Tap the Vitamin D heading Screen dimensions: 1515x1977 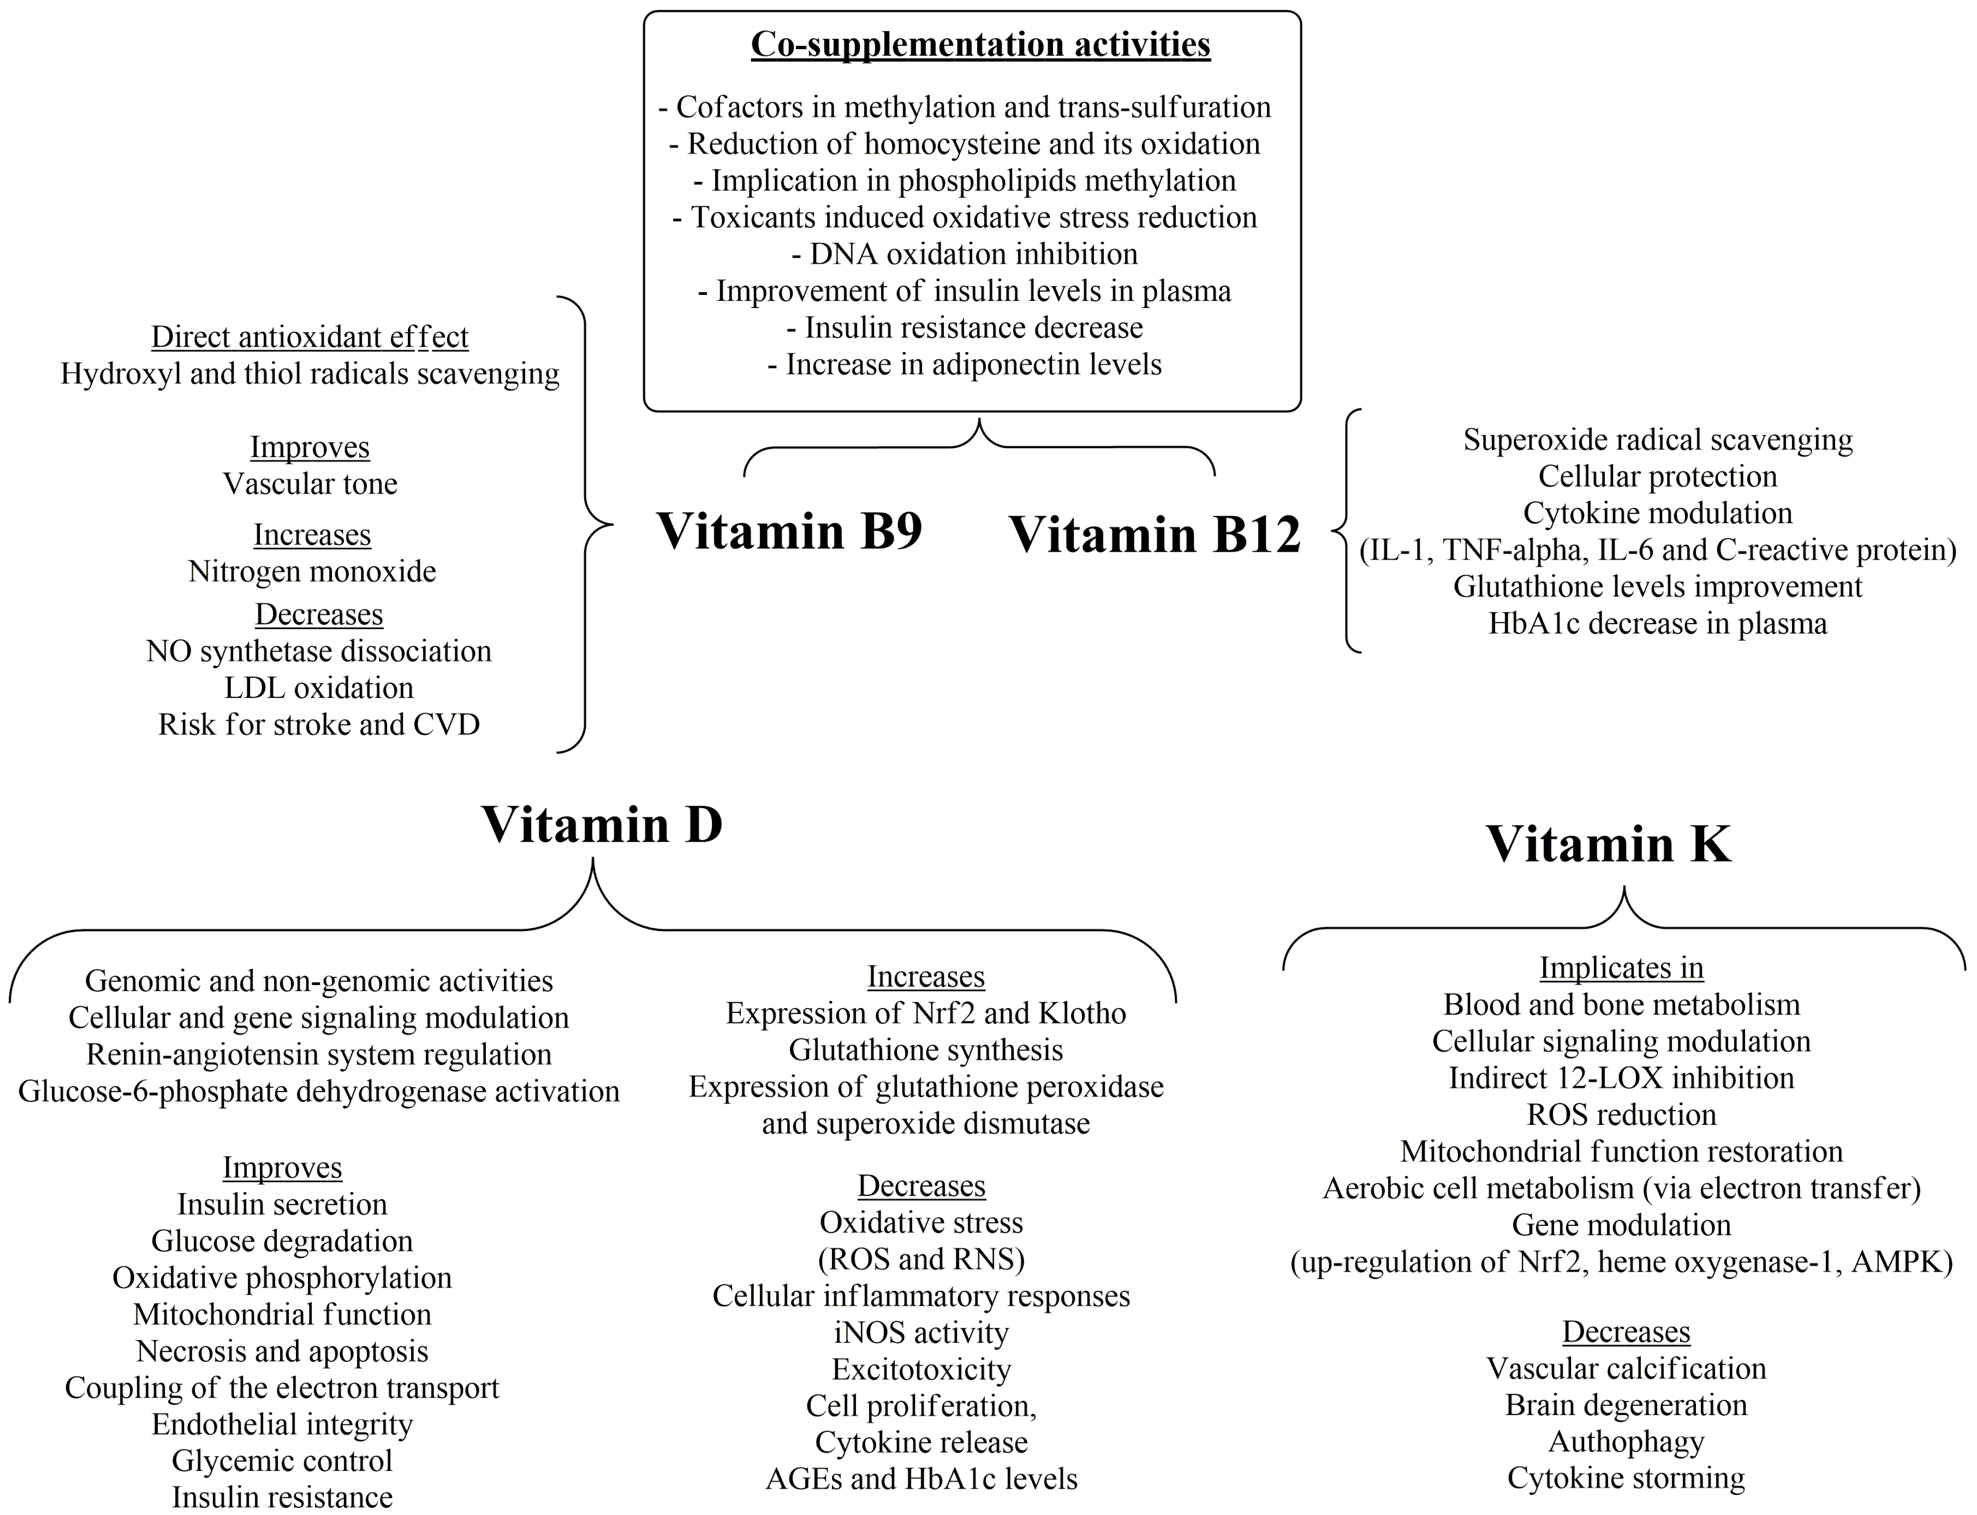(x=601, y=824)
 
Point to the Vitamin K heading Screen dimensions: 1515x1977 (x=1608, y=844)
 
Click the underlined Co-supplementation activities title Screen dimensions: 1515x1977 (x=980, y=44)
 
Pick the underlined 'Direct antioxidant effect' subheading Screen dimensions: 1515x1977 (x=309, y=337)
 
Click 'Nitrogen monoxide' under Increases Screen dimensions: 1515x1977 (x=312, y=572)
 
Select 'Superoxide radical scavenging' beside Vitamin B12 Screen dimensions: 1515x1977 (x=1657, y=440)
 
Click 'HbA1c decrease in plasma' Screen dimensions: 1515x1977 (x=1657, y=624)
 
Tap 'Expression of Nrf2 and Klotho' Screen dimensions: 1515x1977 (x=925, y=1013)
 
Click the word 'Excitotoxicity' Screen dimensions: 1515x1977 (x=921, y=1370)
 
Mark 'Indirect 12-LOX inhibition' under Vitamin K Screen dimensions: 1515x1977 (x=1621, y=1078)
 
